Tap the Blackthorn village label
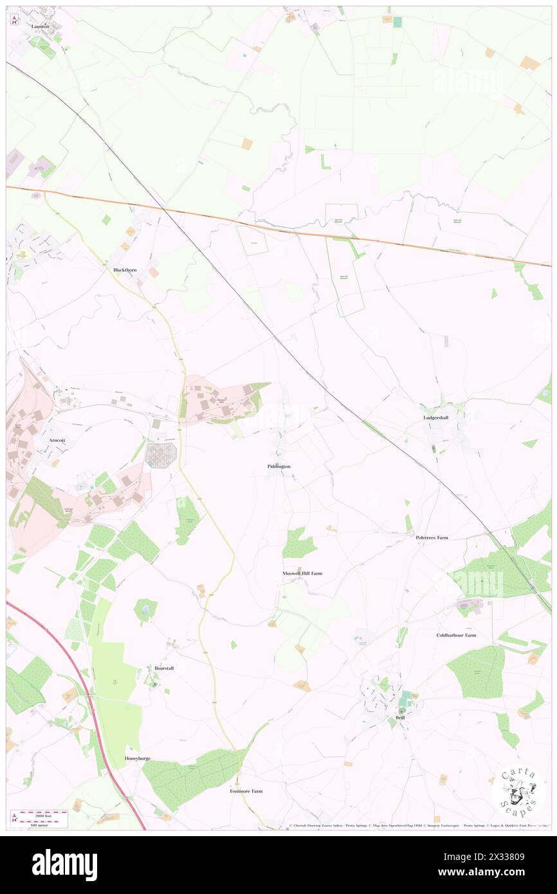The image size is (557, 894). coord(120,270)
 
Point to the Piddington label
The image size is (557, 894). coord(278,466)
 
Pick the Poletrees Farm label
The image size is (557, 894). coord(432,537)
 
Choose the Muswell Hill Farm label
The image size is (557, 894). coord(302,573)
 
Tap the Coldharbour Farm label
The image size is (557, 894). coord(456,635)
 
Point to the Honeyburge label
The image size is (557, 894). coord(137,758)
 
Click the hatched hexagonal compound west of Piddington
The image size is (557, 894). coord(160,455)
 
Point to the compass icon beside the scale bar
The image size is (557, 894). coord(14,817)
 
